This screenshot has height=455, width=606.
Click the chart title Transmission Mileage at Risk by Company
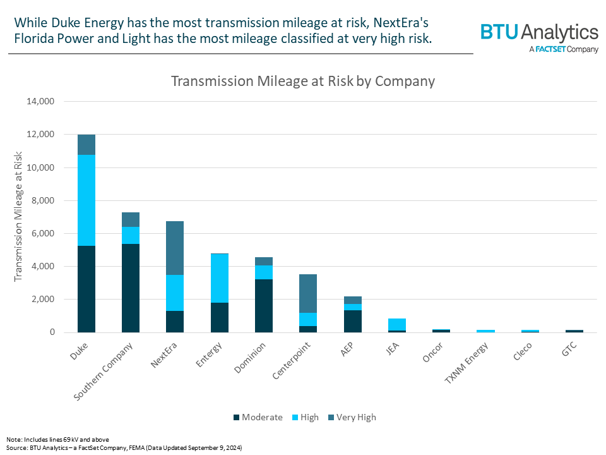point(303,81)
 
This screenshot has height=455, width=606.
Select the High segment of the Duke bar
point(86,200)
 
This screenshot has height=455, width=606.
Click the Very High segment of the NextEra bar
point(175,248)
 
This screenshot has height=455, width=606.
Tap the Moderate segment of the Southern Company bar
point(131,288)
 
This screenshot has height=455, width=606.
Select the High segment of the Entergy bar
point(220,278)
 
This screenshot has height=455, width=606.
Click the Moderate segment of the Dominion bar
point(264,305)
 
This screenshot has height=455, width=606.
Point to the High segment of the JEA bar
point(397,324)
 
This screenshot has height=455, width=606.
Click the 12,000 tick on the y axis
point(41,135)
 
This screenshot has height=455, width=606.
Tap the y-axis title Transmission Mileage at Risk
point(18,216)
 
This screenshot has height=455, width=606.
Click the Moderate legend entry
point(258,417)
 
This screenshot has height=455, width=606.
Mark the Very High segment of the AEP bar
point(353,300)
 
